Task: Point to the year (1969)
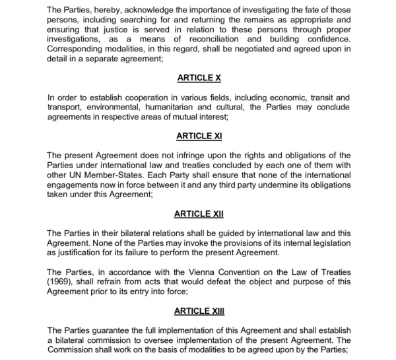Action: tap(63, 282)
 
